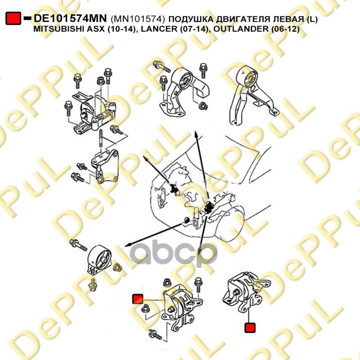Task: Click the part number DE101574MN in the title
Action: pyautogui.click(x=70, y=18)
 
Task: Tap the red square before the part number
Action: pyautogui.click(x=13, y=18)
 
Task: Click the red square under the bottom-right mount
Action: pyautogui.click(x=249, y=328)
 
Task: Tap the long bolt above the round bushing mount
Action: pyautogui.click(x=79, y=246)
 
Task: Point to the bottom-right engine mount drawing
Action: pyautogui.click(x=243, y=290)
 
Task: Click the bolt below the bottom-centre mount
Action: pyautogui.click(x=155, y=335)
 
